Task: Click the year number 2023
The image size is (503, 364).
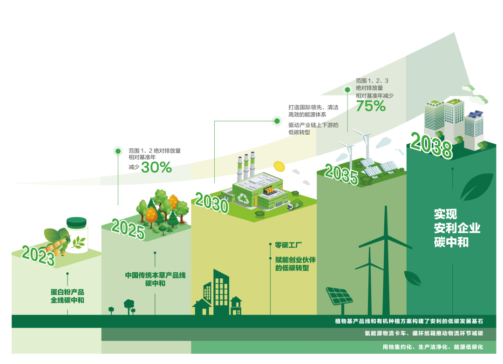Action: tap(38, 255)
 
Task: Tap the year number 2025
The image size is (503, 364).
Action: tap(128, 229)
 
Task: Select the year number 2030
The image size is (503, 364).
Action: tap(211, 203)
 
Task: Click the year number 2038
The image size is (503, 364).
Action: tap(431, 146)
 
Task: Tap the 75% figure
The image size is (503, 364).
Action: tap(371, 107)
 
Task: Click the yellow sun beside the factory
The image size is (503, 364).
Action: tap(279, 166)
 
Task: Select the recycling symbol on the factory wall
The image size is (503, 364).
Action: tap(244, 199)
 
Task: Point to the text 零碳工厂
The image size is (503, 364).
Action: tap(289, 244)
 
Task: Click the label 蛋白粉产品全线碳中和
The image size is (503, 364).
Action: tap(68, 296)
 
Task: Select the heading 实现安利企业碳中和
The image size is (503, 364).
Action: tap(456, 228)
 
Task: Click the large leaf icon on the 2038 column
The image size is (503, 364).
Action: tap(476, 187)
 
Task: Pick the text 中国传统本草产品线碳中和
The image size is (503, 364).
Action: tap(155, 279)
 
